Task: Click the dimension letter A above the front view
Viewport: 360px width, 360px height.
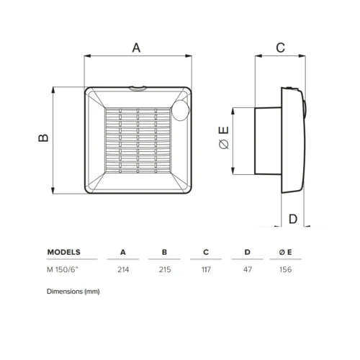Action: (137, 48)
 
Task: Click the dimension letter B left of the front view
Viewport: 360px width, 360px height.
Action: (43, 139)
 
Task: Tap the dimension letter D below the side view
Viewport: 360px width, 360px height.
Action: (292, 219)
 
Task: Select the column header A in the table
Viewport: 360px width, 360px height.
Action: (122, 253)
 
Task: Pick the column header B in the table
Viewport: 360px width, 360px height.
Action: (164, 253)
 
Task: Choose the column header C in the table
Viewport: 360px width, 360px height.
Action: (206, 253)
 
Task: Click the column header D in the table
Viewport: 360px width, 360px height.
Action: (248, 253)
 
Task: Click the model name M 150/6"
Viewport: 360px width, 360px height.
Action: (63, 271)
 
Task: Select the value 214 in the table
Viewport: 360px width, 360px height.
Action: (122, 271)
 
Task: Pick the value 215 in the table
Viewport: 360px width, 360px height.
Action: (164, 271)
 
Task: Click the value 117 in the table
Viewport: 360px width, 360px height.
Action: (206, 271)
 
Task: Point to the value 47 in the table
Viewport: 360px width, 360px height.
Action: (248, 271)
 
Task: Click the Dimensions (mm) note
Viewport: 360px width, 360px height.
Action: (73, 292)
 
